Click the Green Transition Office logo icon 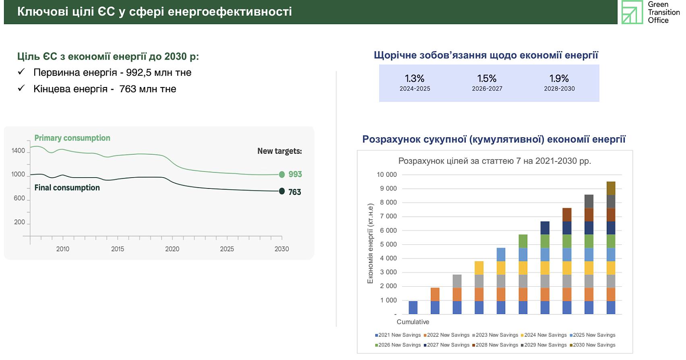632,12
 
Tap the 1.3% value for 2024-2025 415,79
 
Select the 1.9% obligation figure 559,79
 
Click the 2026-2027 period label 487,89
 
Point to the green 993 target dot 282,174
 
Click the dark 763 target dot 282,191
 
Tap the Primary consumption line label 72,138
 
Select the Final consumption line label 67,188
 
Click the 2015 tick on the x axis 118,249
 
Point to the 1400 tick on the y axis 18,151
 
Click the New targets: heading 280,151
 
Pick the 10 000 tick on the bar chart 386,175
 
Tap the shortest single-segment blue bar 413,308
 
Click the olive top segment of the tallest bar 611,188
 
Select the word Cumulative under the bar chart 413,322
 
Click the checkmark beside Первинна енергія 21,72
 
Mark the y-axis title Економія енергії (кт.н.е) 370,244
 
